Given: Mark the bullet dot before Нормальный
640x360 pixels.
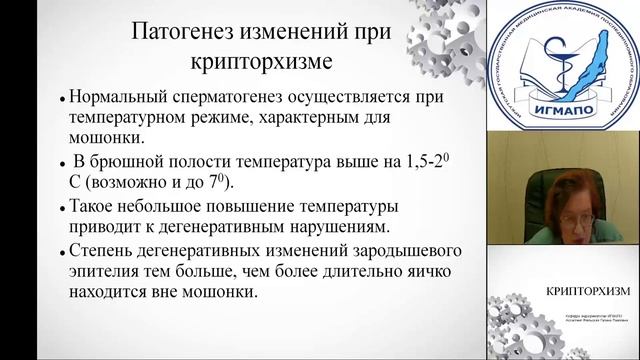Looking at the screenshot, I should [x=63, y=101].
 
